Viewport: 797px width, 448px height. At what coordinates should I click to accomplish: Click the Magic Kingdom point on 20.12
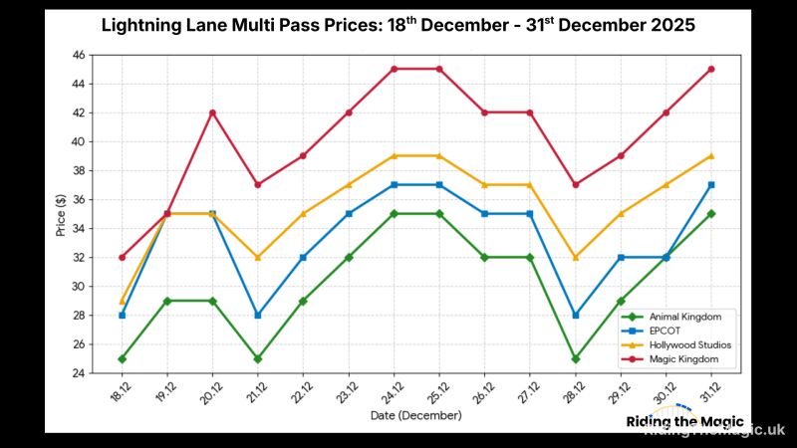pos(212,112)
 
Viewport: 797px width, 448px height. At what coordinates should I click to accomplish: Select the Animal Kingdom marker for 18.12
pos(122,358)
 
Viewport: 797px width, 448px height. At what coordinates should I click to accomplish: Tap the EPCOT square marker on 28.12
pos(575,315)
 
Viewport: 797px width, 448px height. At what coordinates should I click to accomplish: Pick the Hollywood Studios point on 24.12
pos(394,155)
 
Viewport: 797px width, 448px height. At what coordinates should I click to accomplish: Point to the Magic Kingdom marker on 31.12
pos(711,69)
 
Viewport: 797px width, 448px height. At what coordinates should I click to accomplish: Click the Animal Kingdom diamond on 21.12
pos(257,358)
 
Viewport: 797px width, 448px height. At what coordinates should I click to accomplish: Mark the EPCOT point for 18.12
pos(122,315)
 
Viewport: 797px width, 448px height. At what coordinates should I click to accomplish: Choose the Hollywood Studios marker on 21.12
pos(257,257)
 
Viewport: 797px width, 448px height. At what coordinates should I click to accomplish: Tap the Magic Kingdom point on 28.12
pos(575,184)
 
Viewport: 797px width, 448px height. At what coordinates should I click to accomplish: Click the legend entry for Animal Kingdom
pos(677,316)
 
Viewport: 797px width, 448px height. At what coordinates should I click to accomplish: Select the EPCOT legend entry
pos(662,330)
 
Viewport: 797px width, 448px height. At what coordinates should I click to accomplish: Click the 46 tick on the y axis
pos(79,55)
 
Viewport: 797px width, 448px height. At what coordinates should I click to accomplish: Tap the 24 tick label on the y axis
pos(79,373)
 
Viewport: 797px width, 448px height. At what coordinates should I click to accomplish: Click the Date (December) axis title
pos(416,414)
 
